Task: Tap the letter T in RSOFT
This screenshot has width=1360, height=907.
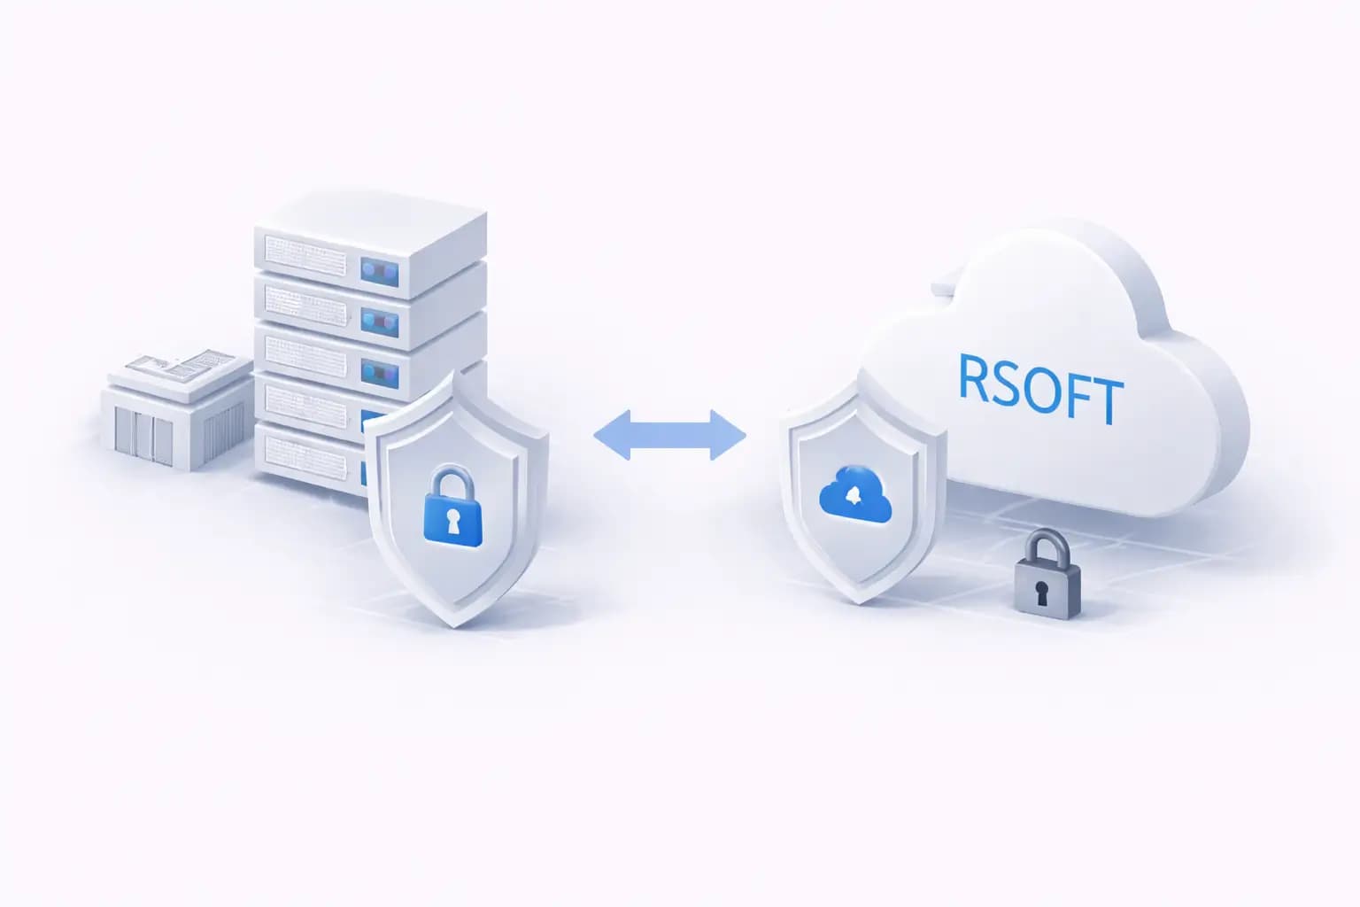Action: click(x=1106, y=400)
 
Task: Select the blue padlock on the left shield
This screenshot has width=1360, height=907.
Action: click(x=453, y=508)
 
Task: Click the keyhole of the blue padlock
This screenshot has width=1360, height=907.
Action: click(x=453, y=523)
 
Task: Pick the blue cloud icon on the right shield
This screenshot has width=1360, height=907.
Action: click(x=855, y=493)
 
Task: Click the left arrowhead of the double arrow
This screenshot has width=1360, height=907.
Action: click(x=611, y=435)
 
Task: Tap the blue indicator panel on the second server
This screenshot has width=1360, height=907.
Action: click(x=379, y=321)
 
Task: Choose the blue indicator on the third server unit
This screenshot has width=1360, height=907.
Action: click(x=379, y=372)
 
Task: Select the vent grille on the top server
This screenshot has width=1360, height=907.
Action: click(x=305, y=254)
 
